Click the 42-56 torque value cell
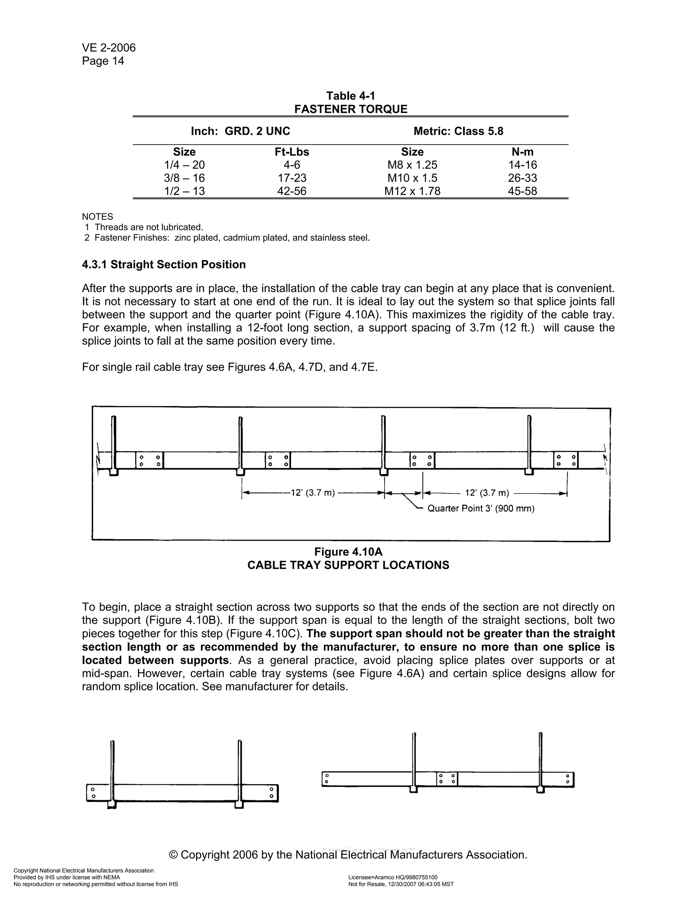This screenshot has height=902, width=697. tap(292, 191)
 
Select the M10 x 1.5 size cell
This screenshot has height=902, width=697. tap(412, 178)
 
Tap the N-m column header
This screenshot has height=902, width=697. tap(522, 152)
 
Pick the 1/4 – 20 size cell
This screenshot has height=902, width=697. tap(184, 165)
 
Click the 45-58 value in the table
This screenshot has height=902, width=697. tap(522, 191)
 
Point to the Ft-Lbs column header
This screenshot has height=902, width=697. tap(292, 152)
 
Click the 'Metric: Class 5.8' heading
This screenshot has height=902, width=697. tap(458, 131)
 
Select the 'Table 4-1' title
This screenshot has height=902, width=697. tap(351, 96)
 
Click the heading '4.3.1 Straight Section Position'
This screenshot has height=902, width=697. tap(164, 264)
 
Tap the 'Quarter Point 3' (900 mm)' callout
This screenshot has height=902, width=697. tap(481, 509)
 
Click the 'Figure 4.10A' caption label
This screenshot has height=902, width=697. tap(348, 552)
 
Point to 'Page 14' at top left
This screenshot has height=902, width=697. tap(103, 61)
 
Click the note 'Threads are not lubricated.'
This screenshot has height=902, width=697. tap(149, 227)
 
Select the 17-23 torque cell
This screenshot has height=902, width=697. tap(292, 178)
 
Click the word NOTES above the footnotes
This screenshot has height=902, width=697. tap(97, 217)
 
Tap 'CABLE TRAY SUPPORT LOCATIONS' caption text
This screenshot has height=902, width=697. tap(348, 565)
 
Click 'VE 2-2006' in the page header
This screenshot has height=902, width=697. tap(109, 48)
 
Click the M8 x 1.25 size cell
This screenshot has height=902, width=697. tap(412, 165)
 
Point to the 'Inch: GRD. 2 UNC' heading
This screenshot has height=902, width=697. tap(240, 131)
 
